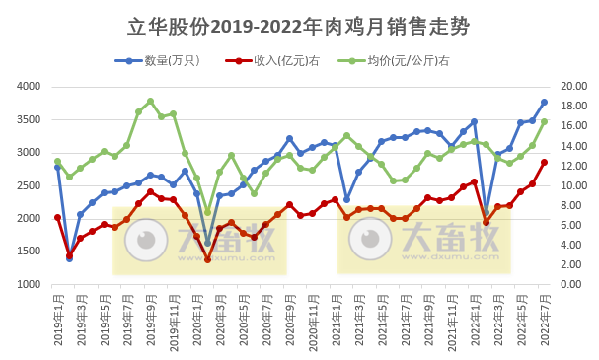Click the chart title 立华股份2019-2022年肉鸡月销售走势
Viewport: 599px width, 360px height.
299,27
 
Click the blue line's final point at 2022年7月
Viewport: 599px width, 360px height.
544,102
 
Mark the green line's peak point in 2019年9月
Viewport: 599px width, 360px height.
150,101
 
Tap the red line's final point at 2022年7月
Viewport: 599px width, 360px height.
544,163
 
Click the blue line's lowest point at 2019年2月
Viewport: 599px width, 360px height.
69,258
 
